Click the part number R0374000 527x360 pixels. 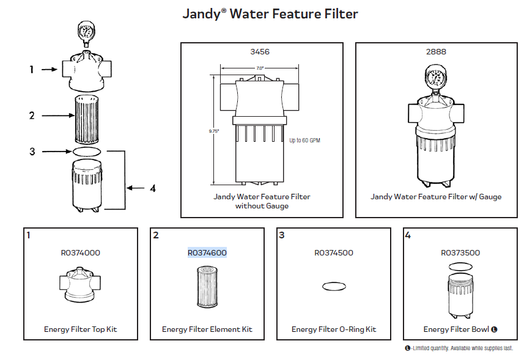pyautogui.click(x=81, y=252)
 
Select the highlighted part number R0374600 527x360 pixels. pyautogui.click(x=207, y=252)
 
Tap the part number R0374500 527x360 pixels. pyautogui.click(x=333, y=252)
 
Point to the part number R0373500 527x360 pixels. pyautogui.click(x=460, y=252)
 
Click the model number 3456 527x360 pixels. pyautogui.click(x=260, y=52)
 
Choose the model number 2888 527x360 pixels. pyautogui.click(x=436, y=52)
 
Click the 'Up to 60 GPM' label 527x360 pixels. pyautogui.click(x=304, y=141)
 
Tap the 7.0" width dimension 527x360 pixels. pyautogui.click(x=260, y=68)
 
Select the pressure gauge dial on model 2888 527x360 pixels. pyautogui.click(x=436, y=78)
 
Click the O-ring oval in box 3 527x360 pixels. pyautogui.click(x=333, y=285)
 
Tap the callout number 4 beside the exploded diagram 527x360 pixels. pyautogui.click(x=152, y=189)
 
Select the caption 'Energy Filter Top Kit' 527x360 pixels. pyautogui.click(x=81, y=329)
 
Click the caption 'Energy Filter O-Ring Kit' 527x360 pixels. pyautogui.click(x=333, y=329)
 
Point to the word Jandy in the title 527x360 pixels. pyautogui.click(x=201, y=13)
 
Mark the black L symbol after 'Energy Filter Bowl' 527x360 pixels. pyautogui.click(x=494, y=329)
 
